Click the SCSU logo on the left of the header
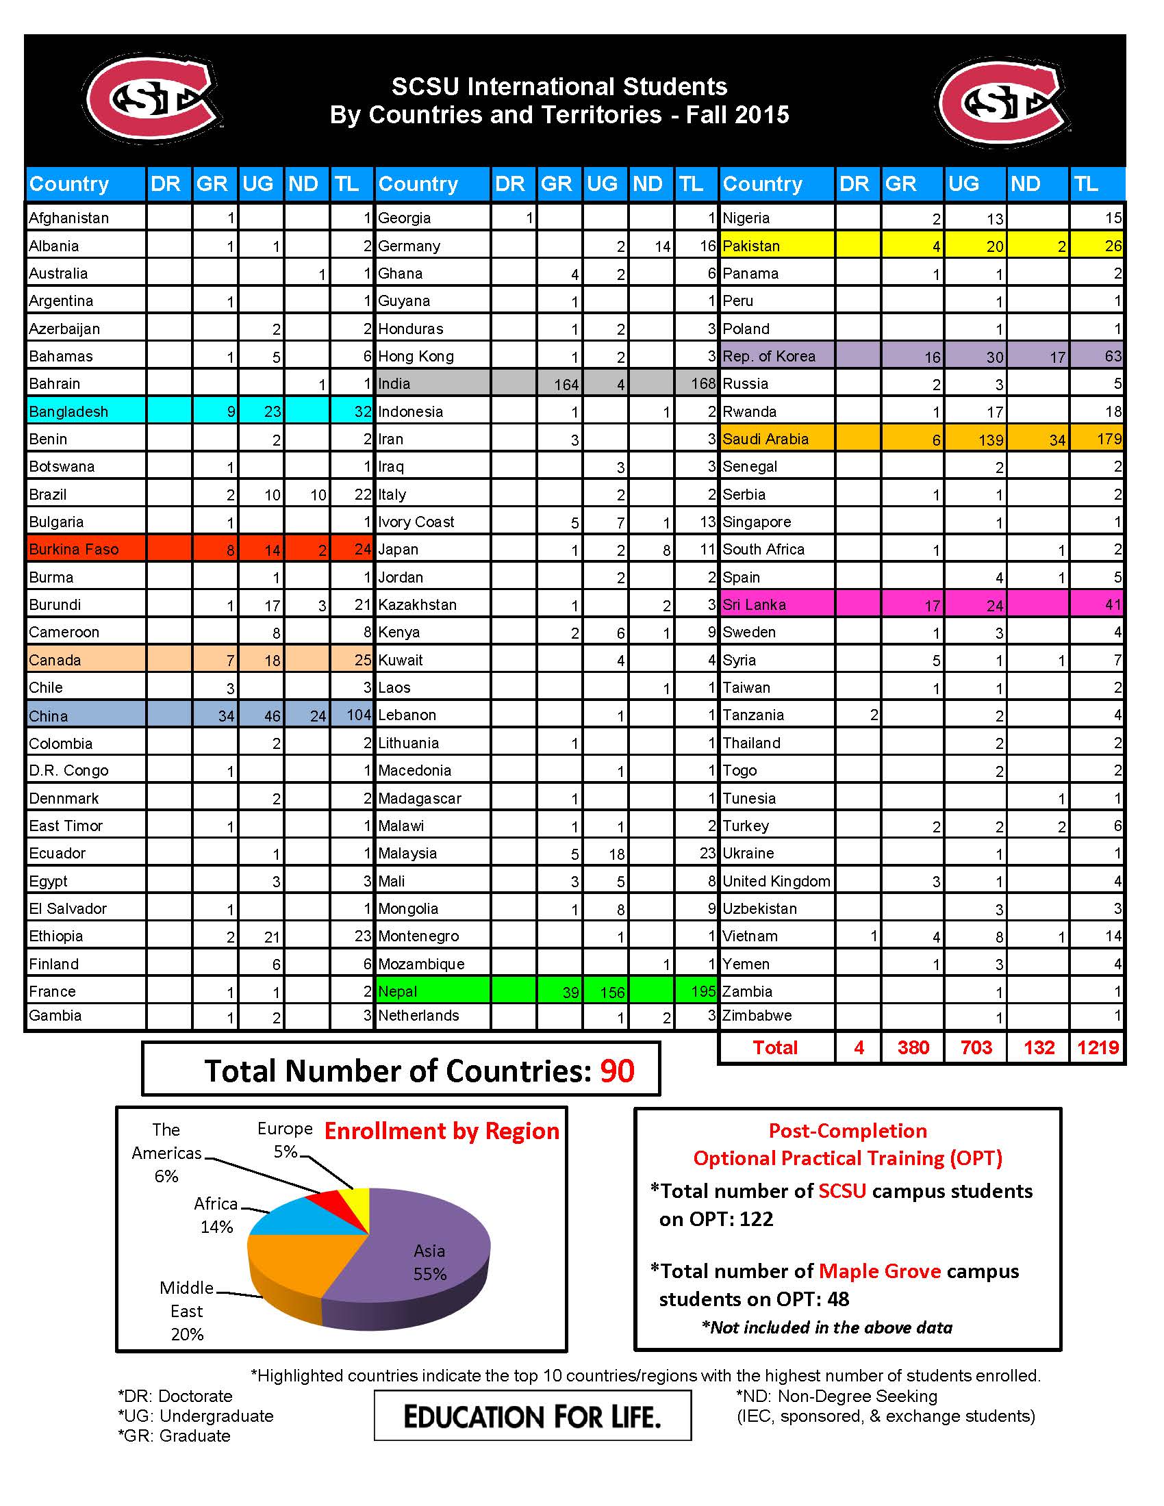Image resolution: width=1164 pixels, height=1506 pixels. click(153, 99)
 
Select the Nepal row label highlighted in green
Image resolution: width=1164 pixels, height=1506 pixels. click(398, 991)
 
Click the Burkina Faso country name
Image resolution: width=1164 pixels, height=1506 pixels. click(74, 550)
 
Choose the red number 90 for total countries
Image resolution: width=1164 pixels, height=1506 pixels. click(616, 1071)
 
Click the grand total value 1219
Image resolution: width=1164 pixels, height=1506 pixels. click(1097, 1047)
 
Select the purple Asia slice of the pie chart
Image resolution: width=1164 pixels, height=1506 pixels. click(420, 1268)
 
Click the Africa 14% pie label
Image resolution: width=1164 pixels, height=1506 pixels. click(216, 1215)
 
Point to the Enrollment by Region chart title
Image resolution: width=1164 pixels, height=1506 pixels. click(442, 1132)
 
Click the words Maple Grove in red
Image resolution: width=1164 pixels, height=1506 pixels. click(879, 1271)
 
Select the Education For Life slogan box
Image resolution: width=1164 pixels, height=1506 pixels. click(531, 1416)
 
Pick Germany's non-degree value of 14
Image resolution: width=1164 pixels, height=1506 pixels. click(662, 246)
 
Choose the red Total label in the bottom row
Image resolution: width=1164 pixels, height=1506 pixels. click(775, 1047)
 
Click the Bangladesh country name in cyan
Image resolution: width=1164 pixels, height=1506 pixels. click(68, 411)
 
